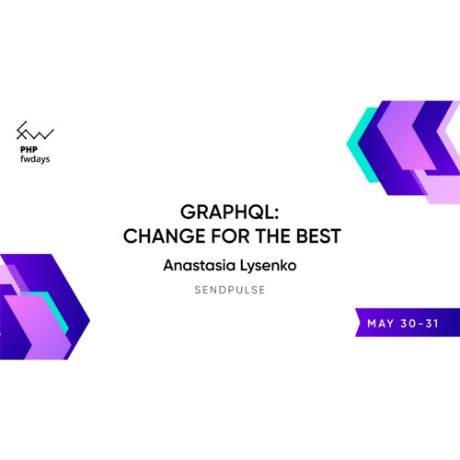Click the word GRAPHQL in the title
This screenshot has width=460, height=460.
click(226, 212)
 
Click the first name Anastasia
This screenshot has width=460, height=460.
click(200, 265)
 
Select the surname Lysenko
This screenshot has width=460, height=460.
click(268, 266)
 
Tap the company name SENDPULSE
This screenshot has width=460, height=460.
click(230, 290)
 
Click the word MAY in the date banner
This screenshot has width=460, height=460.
click(381, 323)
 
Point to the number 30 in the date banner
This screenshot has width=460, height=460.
click(408, 323)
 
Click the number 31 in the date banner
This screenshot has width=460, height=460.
click(431, 323)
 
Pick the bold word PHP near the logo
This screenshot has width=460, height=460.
click(29, 149)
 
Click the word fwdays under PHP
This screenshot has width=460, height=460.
click(35, 159)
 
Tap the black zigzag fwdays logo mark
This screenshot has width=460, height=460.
click(35, 131)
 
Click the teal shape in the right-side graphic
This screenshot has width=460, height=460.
click(362, 144)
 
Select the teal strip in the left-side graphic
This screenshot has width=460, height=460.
click(53, 310)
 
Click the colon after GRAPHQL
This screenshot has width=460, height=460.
click(276, 213)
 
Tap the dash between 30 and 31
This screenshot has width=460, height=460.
click(420, 324)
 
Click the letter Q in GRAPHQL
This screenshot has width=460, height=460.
click(252, 213)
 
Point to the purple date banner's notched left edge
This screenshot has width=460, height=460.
click(358, 322)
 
